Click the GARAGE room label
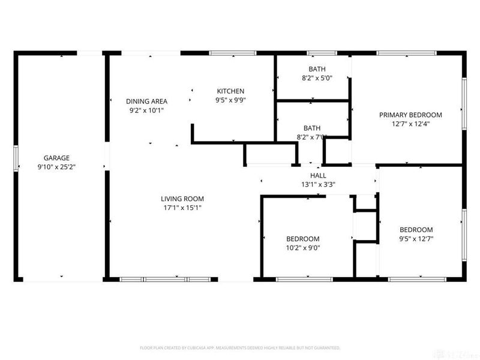[x=56, y=158]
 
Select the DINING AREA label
[x=146, y=101]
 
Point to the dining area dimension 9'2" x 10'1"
[x=146, y=110]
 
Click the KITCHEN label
[x=230, y=91]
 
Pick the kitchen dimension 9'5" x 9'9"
[x=230, y=100]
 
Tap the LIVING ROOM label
[x=182, y=199]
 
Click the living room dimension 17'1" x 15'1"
[x=182, y=208]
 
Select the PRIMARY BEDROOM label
[x=410, y=115]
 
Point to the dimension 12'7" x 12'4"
[x=410, y=124]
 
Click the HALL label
[x=318, y=175]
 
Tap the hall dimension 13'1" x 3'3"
[x=318, y=184]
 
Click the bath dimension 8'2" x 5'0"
[x=313, y=78]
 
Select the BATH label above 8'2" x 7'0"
[x=312, y=128]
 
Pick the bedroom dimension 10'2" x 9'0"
[x=302, y=247]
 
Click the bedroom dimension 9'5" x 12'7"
[x=416, y=239]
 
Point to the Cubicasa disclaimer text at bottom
[x=240, y=347]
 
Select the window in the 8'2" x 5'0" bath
[x=322, y=53]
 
